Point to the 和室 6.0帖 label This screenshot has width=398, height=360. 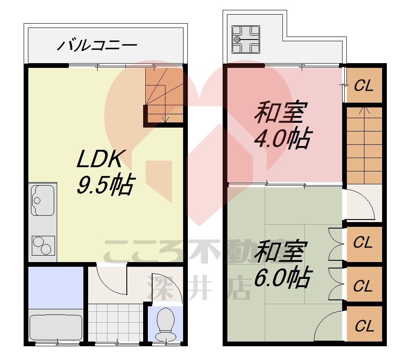(281, 265)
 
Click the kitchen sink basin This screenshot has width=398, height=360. (43, 200)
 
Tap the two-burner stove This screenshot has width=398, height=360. (43, 246)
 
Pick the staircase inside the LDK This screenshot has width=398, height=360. (163, 92)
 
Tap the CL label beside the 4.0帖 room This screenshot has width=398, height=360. (364, 86)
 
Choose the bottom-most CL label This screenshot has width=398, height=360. (364, 326)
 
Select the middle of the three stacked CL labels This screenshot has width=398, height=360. (364, 286)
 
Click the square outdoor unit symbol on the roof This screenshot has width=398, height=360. (246, 39)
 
